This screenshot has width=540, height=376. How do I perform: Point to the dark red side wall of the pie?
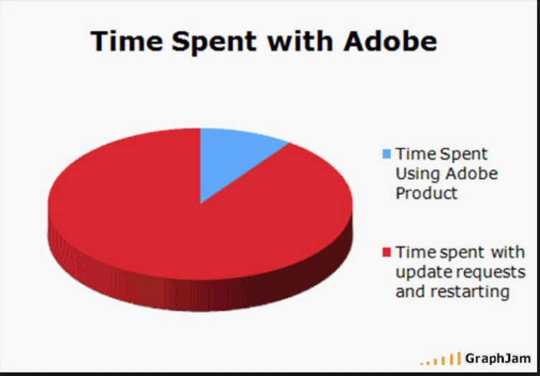pos(200,294)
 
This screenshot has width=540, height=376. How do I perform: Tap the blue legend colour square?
pos(387,154)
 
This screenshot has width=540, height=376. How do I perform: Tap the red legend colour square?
pos(387,252)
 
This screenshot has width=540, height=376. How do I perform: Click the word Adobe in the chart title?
pos(390,42)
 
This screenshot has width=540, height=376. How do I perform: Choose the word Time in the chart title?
pos(127,42)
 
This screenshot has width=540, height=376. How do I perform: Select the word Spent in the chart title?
pos(214,43)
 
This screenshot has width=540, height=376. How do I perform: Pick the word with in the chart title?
pos(300,42)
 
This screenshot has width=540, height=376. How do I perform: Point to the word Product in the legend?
pos(427,193)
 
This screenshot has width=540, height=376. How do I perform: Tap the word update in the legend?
pos(422,273)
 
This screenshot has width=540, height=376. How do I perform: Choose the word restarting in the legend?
pos(470,292)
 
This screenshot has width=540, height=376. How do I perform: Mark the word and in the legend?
pos(411,291)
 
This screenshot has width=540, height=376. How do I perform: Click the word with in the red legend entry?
pos(508,252)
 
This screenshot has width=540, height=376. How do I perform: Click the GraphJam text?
pos(498,359)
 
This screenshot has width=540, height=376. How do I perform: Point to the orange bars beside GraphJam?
pos(440,359)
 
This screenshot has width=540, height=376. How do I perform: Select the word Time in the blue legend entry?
pos(415,154)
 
